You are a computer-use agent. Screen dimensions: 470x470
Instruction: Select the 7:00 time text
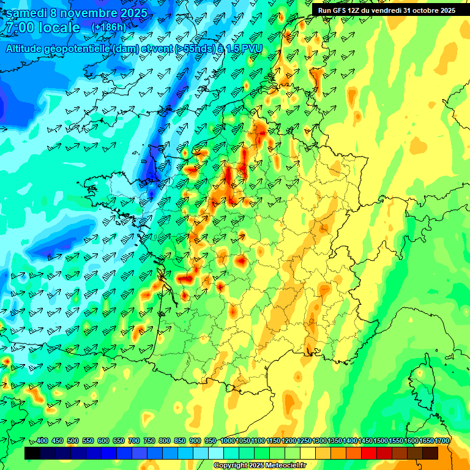pos(20,28)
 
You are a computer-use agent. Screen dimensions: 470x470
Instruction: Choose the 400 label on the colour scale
pos(42,441)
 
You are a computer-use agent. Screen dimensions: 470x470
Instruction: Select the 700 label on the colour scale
pos(134,441)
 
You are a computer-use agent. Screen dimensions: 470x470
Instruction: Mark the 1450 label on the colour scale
pos(365,441)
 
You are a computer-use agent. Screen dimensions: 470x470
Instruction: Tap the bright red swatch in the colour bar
pos(369,453)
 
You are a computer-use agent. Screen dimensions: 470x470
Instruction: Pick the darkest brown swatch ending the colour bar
pos(430,453)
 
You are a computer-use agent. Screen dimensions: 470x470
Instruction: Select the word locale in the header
pos(59,28)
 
